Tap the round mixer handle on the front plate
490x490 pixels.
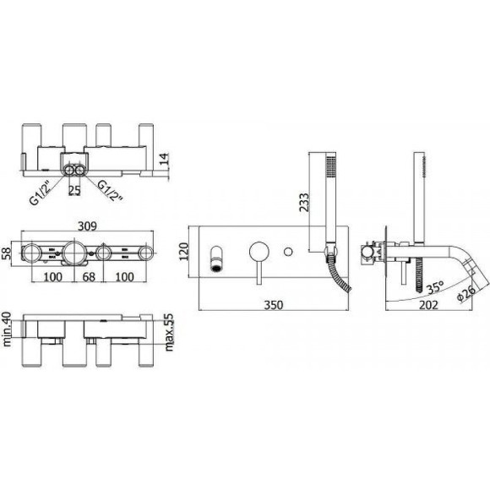coord(258,251)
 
